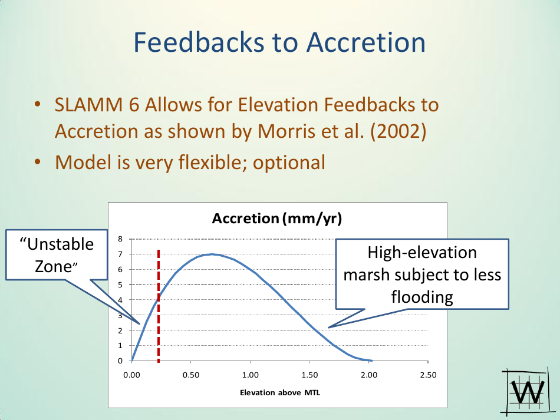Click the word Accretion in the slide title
coord(366,42)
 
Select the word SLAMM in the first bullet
coord(88,105)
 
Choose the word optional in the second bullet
coord(289,163)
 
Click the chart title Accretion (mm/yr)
coord(277,219)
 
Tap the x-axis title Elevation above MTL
coord(280,393)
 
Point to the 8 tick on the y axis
coord(120,239)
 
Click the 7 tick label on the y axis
coord(120,254)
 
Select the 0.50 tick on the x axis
coord(191,375)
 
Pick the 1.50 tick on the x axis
coord(309,375)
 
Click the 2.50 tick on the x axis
coord(428,375)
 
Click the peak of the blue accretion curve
coord(212,254)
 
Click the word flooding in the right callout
coord(422,297)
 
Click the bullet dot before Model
coord(38,162)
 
